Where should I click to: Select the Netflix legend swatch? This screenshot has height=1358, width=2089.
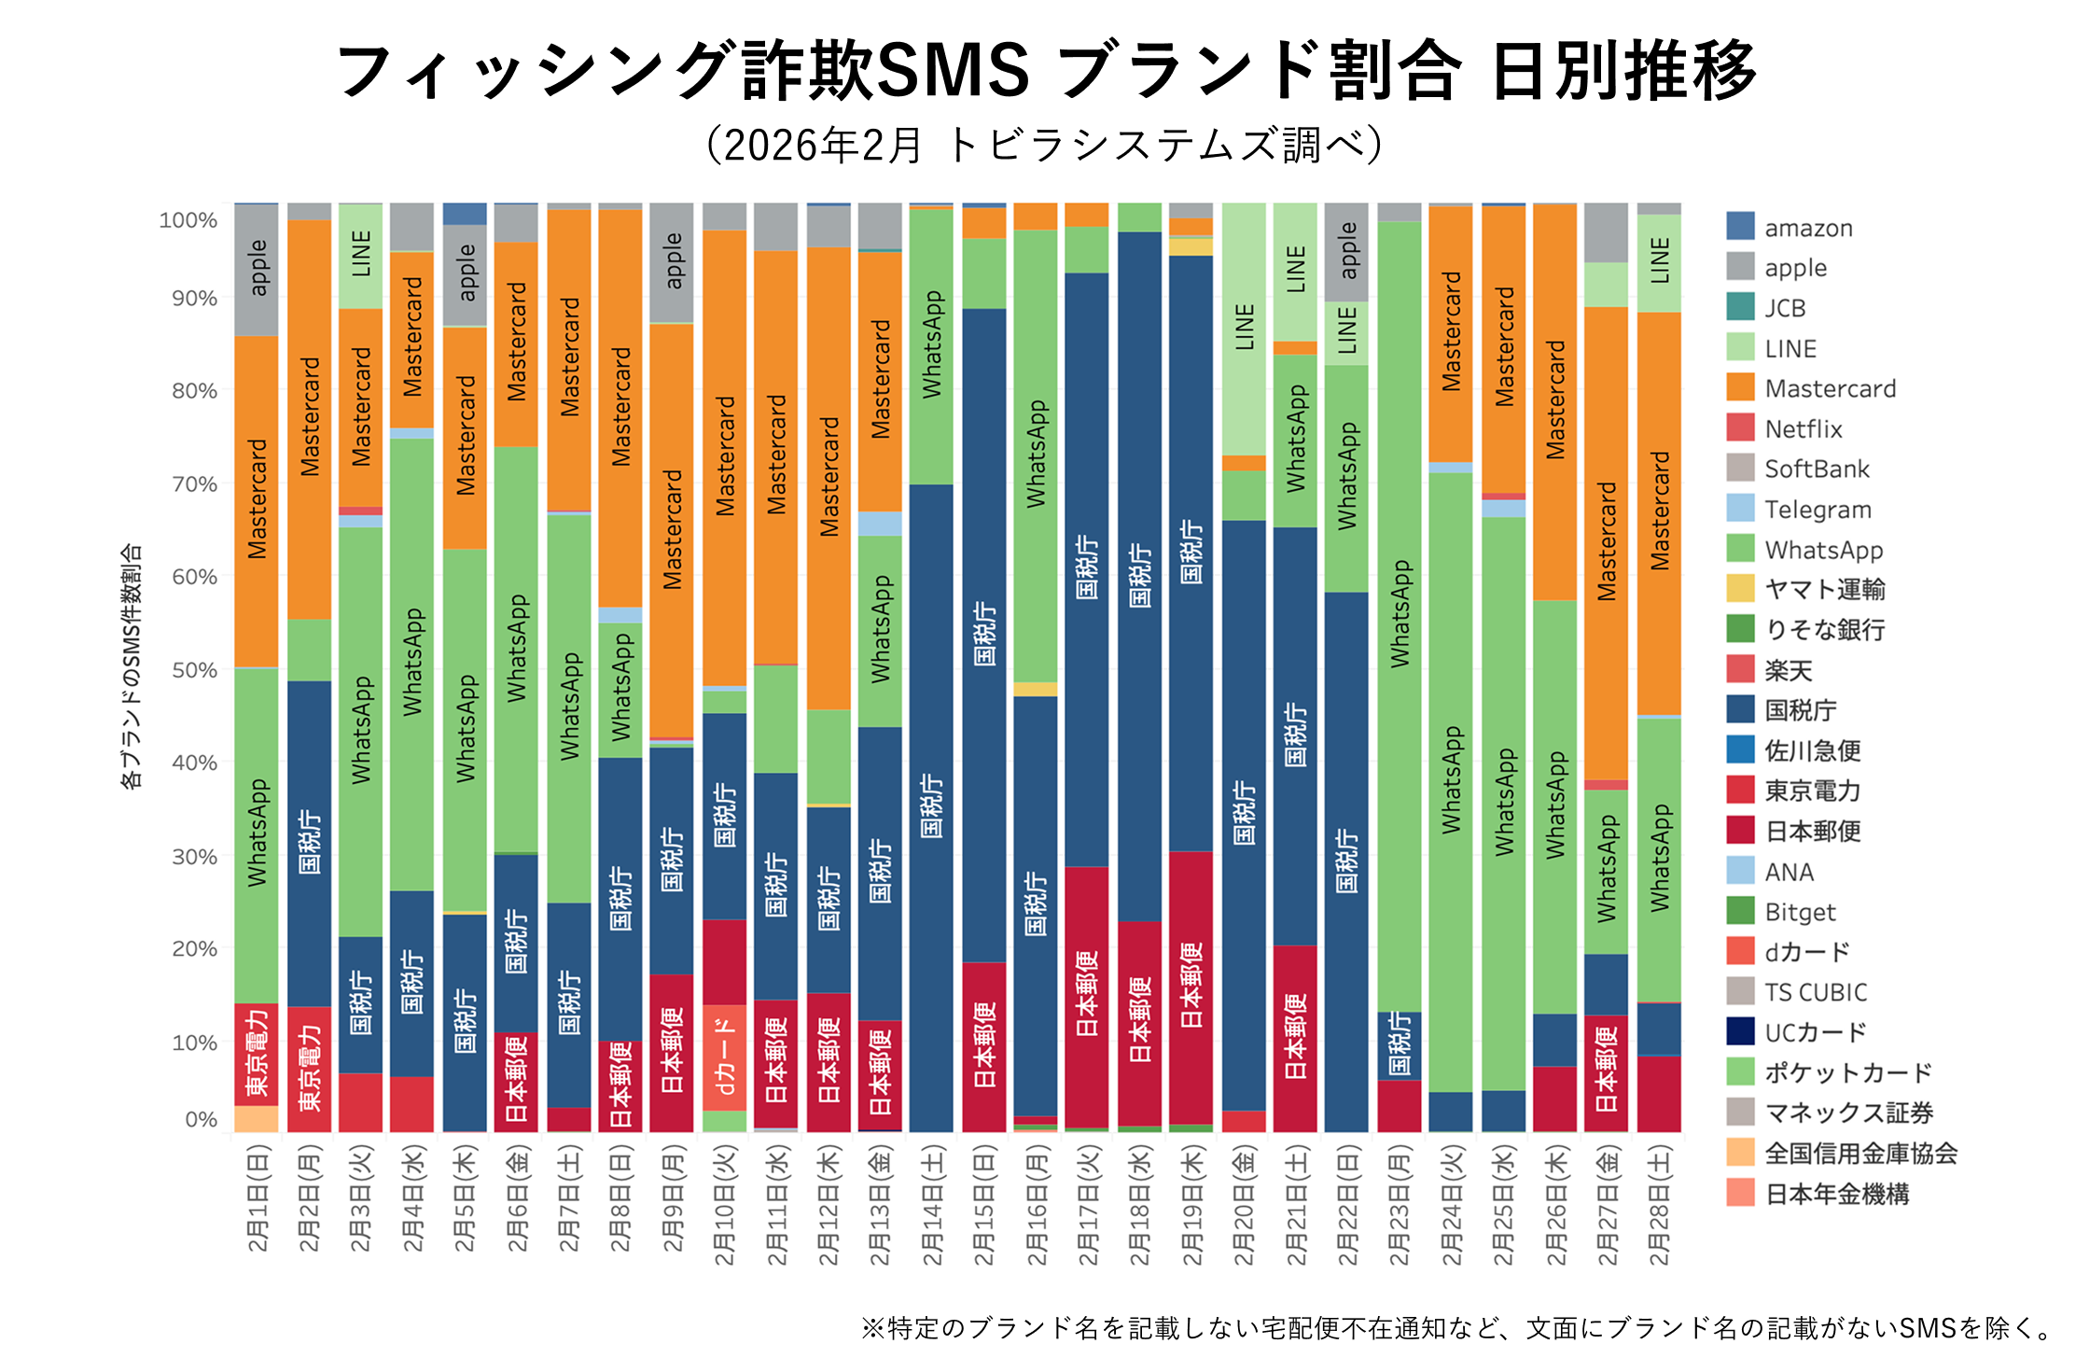tap(1740, 428)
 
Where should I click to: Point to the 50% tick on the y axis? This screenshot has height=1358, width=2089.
tap(194, 670)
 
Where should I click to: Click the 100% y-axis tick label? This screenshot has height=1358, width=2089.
tap(188, 220)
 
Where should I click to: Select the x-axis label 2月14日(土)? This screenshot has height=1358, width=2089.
tap(932, 1205)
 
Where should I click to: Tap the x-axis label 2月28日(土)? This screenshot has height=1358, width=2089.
tap(1658, 1205)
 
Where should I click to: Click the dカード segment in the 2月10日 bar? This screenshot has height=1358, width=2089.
tap(724, 1057)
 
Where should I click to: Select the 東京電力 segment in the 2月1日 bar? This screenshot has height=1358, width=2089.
tap(257, 1055)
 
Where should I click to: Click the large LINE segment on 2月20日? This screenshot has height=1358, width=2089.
tap(1244, 329)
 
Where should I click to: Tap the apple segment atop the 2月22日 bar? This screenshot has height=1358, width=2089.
tap(1346, 252)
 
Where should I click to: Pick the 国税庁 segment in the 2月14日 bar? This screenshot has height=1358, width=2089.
tap(931, 807)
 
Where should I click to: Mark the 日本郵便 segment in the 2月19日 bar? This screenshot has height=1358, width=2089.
tap(1191, 987)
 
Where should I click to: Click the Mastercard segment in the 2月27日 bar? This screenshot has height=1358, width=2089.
tap(1606, 543)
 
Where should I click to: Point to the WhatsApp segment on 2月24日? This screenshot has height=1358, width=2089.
tap(1450, 782)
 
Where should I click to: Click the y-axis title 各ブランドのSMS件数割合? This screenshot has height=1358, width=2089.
tap(132, 667)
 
